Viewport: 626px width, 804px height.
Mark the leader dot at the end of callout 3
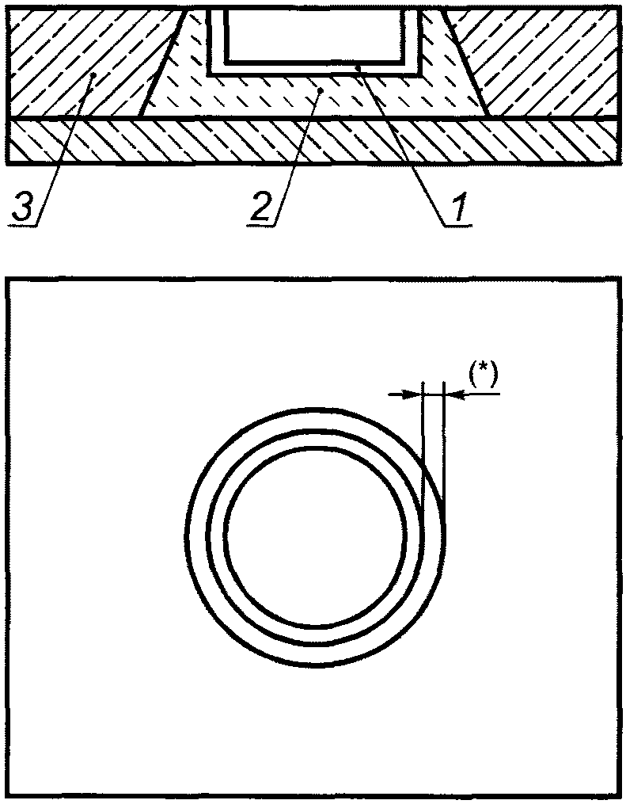(x=93, y=76)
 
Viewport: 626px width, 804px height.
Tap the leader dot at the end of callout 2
(x=321, y=92)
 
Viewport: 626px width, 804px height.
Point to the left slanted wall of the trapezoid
(x=162, y=63)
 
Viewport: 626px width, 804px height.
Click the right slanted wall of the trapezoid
(x=465, y=63)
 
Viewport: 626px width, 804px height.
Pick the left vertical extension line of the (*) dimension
(x=424, y=444)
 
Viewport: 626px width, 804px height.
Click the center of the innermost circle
(x=315, y=539)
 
